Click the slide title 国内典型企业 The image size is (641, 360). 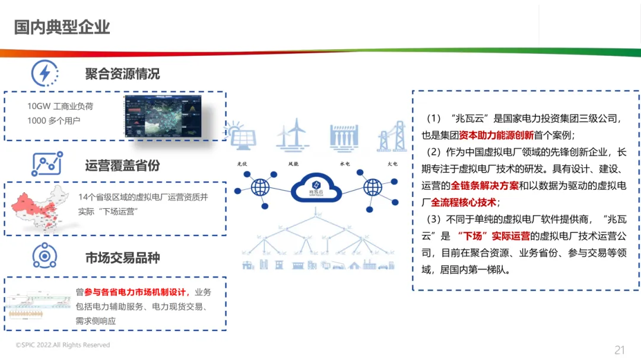tap(62, 27)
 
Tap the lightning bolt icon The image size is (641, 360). tap(45, 74)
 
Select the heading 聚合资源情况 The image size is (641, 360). tap(122, 74)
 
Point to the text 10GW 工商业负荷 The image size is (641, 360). tap(60, 106)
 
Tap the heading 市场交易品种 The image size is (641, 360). tap(122, 257)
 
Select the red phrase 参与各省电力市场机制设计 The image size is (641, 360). tap(137, 292)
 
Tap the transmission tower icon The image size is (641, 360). tap(392, 136)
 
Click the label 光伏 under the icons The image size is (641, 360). tap(243, 163)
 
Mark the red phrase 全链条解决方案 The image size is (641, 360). tap(485, 186)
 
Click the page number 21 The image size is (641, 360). tap(620, 349)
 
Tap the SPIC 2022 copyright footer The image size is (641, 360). tap(63, 345)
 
